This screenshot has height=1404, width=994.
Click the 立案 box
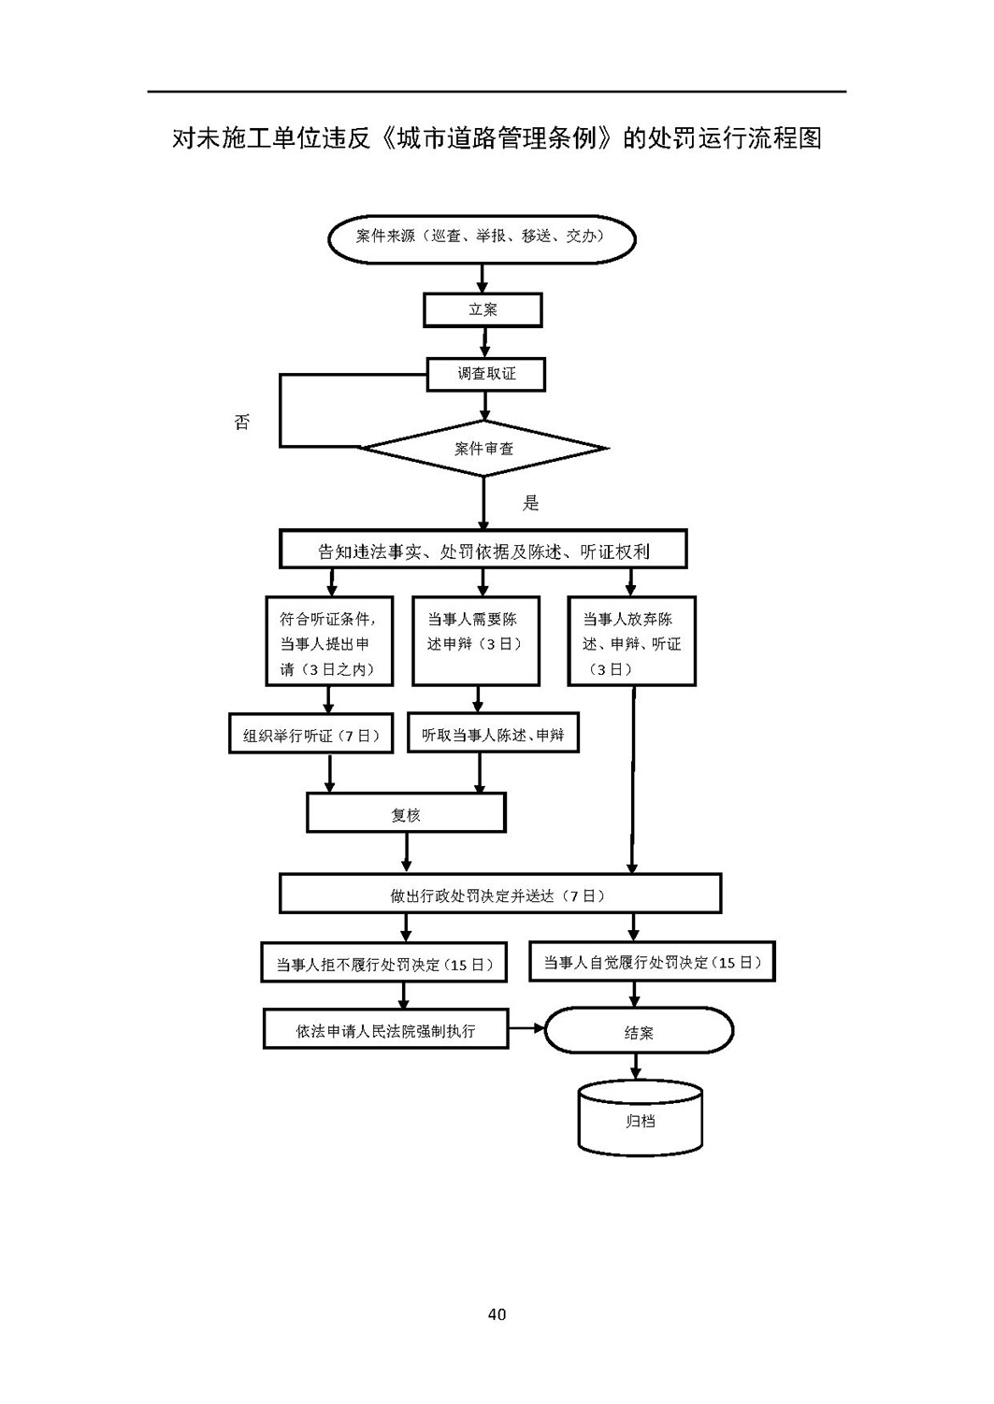coord(483,309)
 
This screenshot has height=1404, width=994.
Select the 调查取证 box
coord(485,374)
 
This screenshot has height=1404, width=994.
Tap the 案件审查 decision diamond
coord(483,448)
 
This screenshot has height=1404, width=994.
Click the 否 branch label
coord(242,422)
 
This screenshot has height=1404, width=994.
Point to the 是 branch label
coord(530,503)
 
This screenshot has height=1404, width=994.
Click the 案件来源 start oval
coord(482,238)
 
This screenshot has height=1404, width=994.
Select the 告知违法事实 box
coord(483,549)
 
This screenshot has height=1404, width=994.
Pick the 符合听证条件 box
coord(329,640)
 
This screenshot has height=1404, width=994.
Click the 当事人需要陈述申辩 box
coord(475,640)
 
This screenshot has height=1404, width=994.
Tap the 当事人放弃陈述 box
coord(631,640)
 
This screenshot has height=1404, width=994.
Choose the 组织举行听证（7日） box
coord(311,733)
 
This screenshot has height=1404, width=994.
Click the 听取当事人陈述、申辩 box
coord(493,732)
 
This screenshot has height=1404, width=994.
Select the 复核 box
coord(406,812)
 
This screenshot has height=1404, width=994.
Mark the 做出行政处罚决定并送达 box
coord(500,894)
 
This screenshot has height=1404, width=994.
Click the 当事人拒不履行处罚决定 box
coord(383,962)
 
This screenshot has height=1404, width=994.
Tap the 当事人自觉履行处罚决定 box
coord(652,960)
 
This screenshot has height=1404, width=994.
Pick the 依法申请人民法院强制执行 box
coord(385,1028)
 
